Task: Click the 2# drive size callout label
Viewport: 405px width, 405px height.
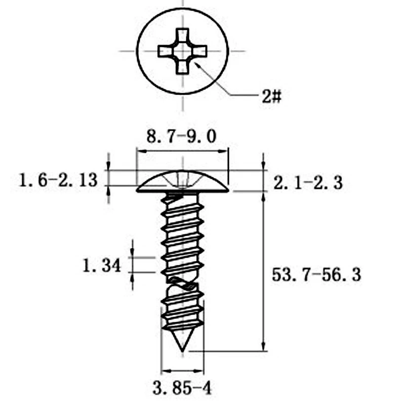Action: pyautogui.click(x=271, y=96)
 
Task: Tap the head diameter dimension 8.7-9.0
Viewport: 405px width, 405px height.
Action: pyautogui.click(x=181, y=137)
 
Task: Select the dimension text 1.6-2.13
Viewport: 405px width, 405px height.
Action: pyautogui.click(x=58, y=180)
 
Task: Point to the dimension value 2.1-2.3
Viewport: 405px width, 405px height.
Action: pyautogui.click(x=308, y=183)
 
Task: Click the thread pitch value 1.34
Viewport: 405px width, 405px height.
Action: pyautogui.click(x=102, y=265)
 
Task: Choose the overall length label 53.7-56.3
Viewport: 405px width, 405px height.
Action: pyautogui.click(x=316, y=274)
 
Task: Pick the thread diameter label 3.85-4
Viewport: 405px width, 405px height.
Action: pyautogui.click(x=182, y=388)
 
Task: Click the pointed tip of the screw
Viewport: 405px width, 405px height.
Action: pyautogui.click(x=182, y=351)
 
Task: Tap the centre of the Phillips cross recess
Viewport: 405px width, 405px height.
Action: pyautogui.click(x=182, y=51)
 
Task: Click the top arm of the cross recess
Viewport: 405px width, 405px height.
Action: pyautogui.click(x=182, y=35)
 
